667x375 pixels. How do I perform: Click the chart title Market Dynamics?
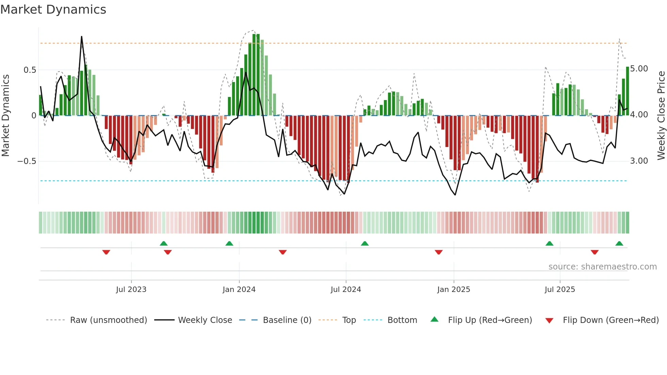(x=53, y=10)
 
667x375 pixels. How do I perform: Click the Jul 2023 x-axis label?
(x=131, y=290)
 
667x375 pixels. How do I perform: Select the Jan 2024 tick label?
(x=239, y=290)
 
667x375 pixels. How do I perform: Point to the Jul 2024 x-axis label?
(x=345, y=290)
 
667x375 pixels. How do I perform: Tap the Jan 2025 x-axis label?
(x=453, y=290)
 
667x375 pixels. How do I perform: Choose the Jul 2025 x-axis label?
(x=559, y=290)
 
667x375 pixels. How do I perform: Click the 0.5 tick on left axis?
(x=30, y=70)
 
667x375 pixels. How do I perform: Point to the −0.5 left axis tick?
(x=27, y=161)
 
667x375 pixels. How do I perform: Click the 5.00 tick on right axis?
(x=639, y=69)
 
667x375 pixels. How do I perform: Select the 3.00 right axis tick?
(x=639, y=161)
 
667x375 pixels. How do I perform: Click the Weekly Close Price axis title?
(x=661, y=115)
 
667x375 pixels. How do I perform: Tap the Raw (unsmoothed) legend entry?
(x=108, y=320)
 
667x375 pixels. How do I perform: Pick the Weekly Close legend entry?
(x=205, y=320)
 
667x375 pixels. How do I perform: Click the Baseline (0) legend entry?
(x=287, y=320)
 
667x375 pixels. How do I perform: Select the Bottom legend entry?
(x=402, y=320)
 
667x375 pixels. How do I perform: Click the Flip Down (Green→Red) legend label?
(x=611, y=320)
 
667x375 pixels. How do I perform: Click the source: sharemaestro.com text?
(x=602, y=267)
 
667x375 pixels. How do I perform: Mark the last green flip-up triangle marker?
(x=619, y=244)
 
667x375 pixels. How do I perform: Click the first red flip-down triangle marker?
(x=106, y=252)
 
